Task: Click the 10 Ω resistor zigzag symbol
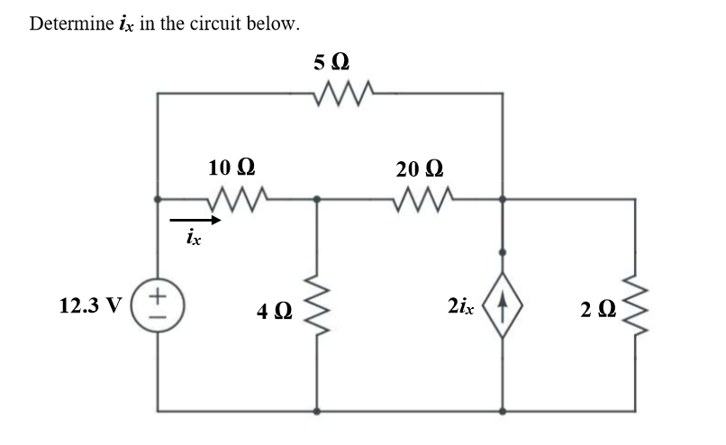[238, 196]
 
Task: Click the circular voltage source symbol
[158, 303]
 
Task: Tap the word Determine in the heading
[68, 23]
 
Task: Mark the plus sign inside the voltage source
[158, 294]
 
